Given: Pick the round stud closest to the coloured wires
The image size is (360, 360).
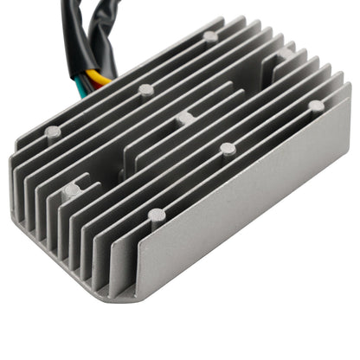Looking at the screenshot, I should [x=146, y=89].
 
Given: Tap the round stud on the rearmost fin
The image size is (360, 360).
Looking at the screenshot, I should [x=210, y=36].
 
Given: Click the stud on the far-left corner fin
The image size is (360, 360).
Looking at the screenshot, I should [x=52, y=132].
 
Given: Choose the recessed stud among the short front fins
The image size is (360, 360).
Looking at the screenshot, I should [x=73, y=189].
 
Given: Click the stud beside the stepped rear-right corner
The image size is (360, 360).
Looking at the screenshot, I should [x=285, y=54].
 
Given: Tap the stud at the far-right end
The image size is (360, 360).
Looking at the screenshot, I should [x=316, y=106].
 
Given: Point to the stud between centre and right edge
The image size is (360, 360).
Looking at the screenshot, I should [x=227, y=148].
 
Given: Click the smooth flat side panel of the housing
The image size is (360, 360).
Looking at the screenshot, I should [x=251, y=216].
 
